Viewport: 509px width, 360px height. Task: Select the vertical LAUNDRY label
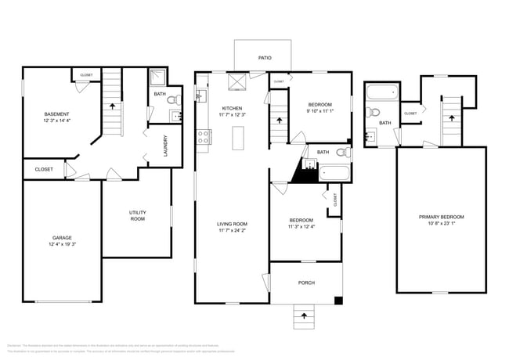click(165, 146)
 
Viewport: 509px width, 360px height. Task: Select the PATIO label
click(265, 58)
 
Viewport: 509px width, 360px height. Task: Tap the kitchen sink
click(200, 96)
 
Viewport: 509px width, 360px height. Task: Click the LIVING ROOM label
click(233, 225)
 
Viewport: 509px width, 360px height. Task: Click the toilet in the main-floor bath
click(342, 152)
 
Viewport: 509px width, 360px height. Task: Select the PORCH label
click(306, 283)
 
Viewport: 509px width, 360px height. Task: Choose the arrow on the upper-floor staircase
click(451, 117)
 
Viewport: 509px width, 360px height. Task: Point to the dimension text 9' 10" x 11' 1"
click(320, 111)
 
